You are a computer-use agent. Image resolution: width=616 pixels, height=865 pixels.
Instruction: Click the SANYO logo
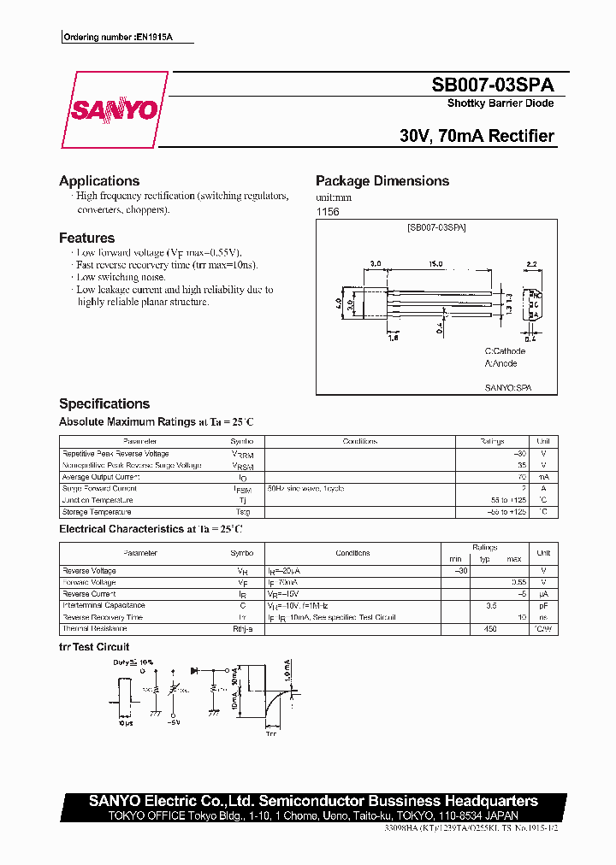point(114,110)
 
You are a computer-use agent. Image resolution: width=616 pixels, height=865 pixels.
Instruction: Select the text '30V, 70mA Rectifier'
point(477,136)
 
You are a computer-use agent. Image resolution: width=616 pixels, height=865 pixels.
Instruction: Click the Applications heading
point(99,181)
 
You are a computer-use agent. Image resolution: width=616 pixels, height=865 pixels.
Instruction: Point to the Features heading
point(86,238)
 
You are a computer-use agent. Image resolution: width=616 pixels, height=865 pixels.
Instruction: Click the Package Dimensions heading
point(382,181)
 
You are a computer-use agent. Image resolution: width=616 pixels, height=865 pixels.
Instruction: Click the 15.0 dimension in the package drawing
point(435,264)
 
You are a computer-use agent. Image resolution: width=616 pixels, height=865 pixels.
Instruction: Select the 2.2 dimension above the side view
point(530,264)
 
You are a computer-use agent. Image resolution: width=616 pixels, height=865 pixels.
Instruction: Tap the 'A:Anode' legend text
point(500,363)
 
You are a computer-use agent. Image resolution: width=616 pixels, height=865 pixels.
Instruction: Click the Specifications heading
point(104,403)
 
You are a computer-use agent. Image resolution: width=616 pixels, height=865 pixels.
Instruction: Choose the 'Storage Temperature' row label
point(97,512)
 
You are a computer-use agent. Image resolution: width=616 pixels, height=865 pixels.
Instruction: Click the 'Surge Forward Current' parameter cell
point(99,489)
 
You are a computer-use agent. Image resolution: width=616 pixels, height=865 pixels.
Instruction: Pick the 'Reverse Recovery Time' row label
point(103,617)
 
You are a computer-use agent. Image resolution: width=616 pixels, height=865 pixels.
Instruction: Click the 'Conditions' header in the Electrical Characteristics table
point(352,554)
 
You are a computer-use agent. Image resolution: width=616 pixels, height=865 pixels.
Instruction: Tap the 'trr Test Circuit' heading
point(94,647)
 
